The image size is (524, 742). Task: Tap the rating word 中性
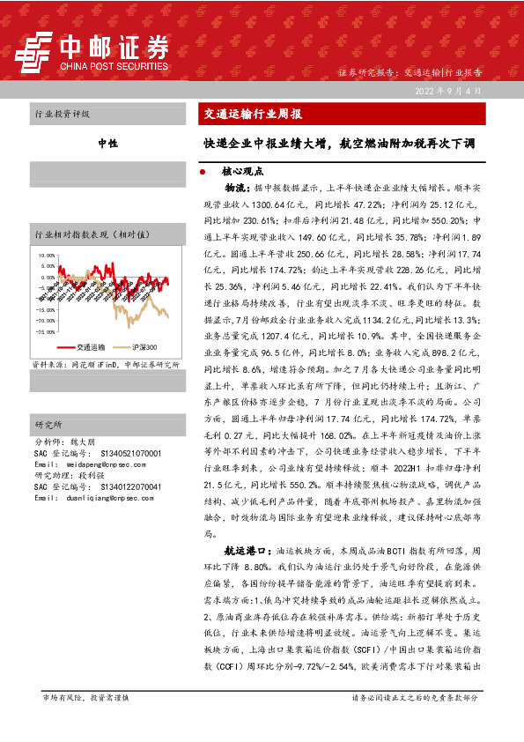(x=107, y=142)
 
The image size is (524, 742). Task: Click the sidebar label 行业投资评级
(x=62, y=115)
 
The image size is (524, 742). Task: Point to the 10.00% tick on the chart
(x=45, y=255)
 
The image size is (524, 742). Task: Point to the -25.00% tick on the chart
(x=44, y=331)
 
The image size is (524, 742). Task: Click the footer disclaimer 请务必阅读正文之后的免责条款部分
(x=416, y=722)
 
